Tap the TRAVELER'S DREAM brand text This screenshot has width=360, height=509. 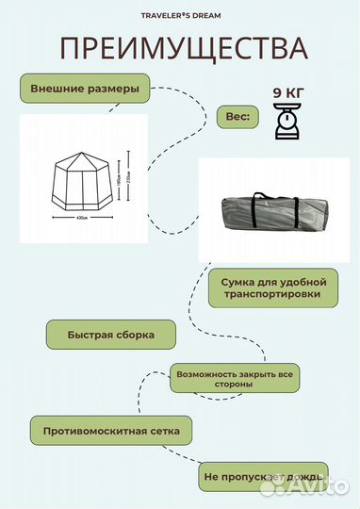180,14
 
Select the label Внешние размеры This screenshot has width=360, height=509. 85,90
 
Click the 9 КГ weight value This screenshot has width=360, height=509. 288,92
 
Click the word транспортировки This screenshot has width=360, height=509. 275,294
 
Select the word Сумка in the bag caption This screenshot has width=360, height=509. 237,281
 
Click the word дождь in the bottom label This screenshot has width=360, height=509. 303,478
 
